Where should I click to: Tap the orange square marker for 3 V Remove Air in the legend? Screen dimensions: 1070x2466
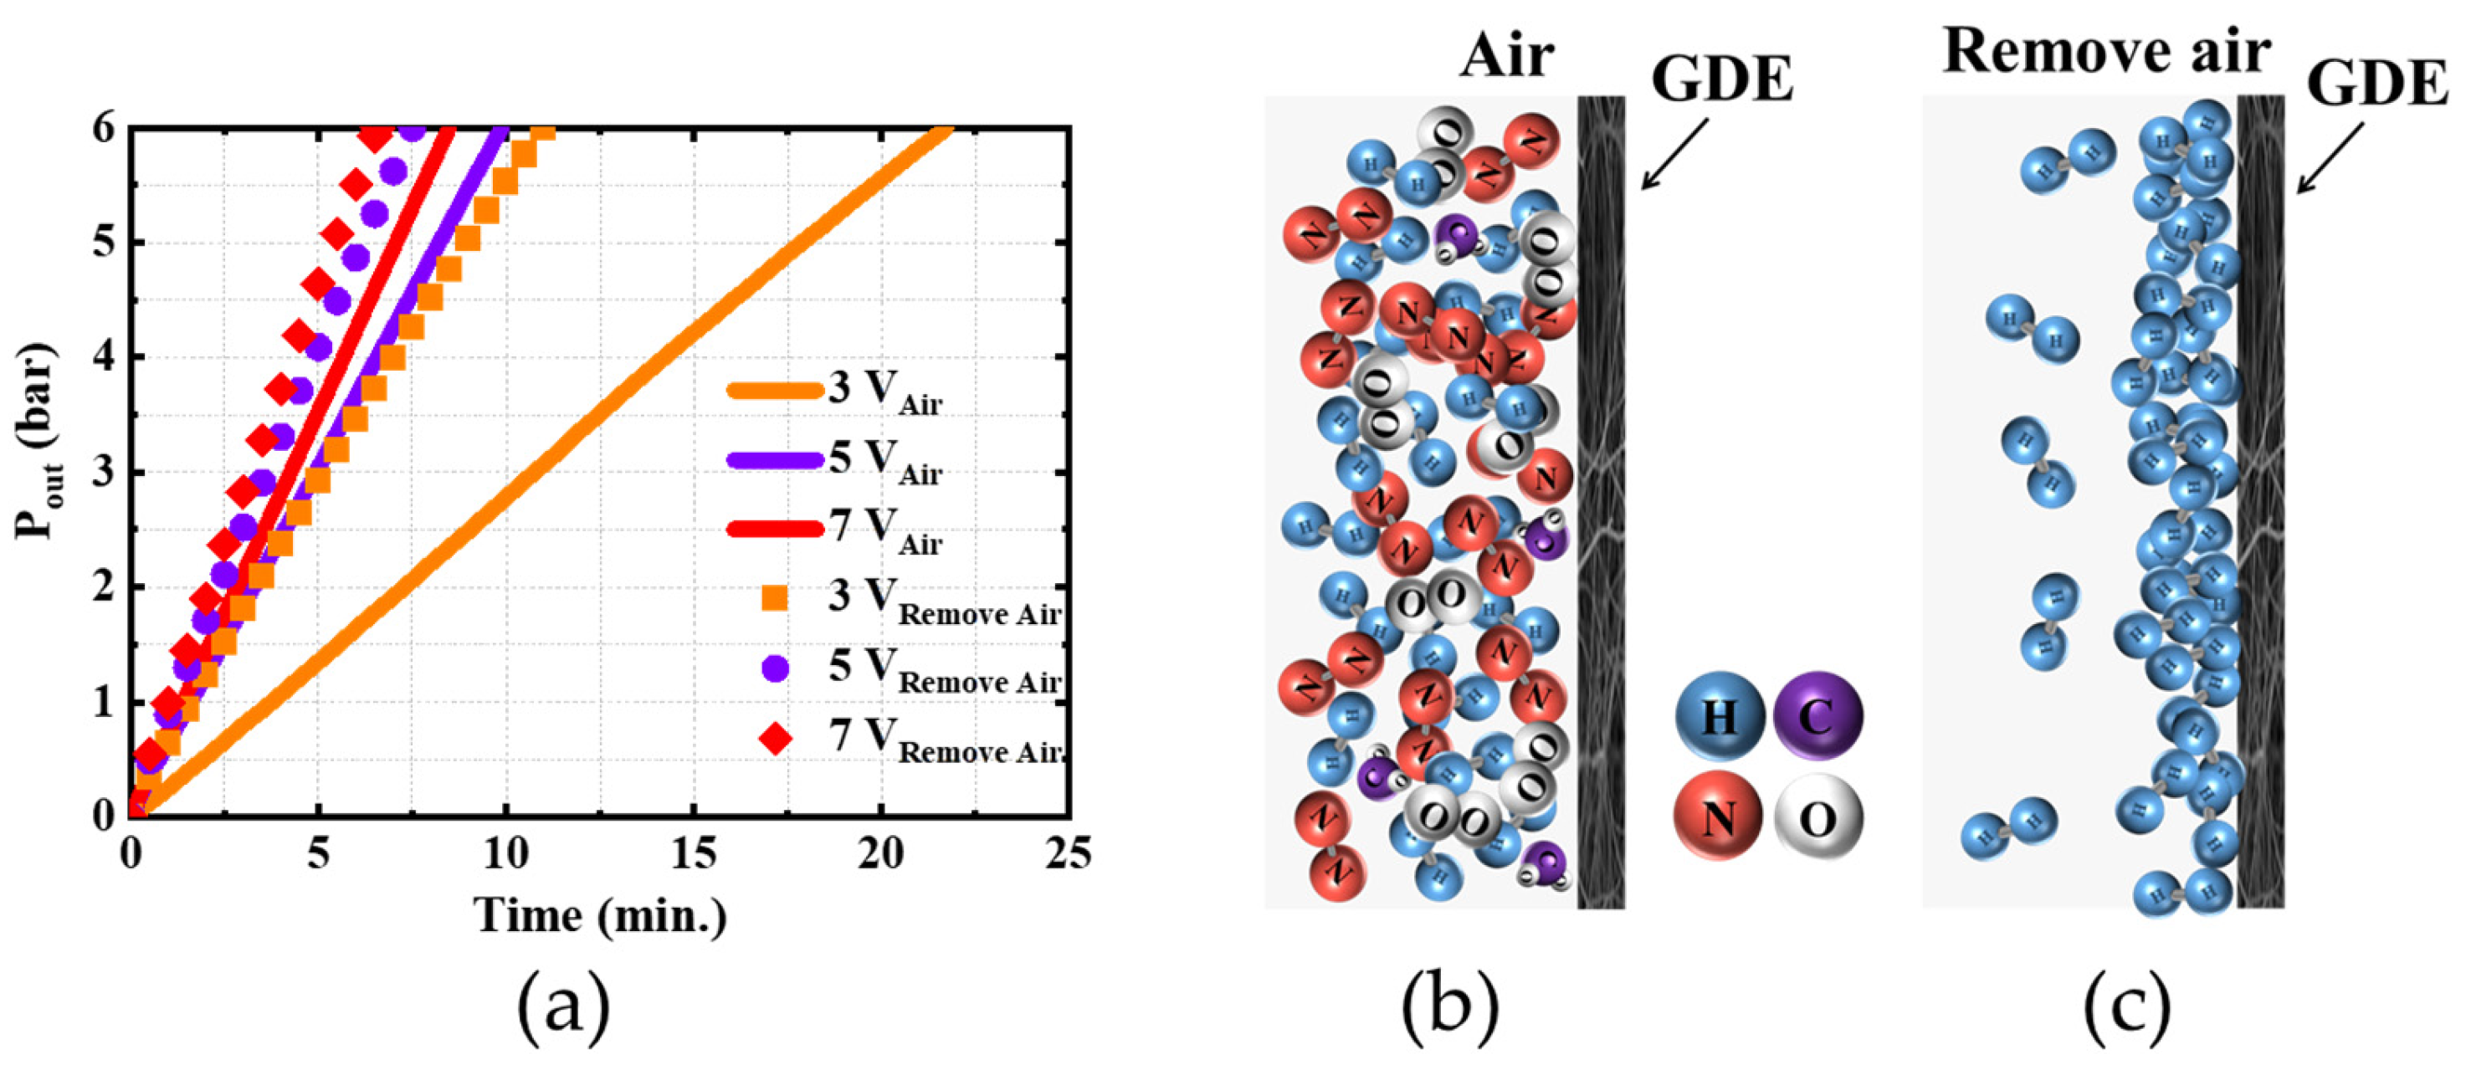click(x=773, y=599)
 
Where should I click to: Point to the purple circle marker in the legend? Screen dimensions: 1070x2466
click(x=773, y=668)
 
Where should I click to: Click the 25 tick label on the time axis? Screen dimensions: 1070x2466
click(x=1066, y=852)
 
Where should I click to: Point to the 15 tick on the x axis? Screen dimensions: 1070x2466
click(x=692, y=852)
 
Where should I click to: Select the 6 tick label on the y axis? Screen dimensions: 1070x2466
click(x=105, y=128)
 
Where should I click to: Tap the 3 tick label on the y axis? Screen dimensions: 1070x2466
click(x=105, y=473)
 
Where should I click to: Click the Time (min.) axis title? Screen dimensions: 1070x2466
click(x=601, y=915)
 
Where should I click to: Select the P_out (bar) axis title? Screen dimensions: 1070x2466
click(x=36, y=443)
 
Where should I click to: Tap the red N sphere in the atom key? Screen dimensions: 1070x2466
click(x=1720, y=817)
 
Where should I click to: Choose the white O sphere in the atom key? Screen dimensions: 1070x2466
click(x=1817, y=818)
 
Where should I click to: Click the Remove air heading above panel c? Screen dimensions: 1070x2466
click(x=2106, y=49)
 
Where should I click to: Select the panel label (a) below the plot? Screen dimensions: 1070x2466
click(x=563, y=1016)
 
